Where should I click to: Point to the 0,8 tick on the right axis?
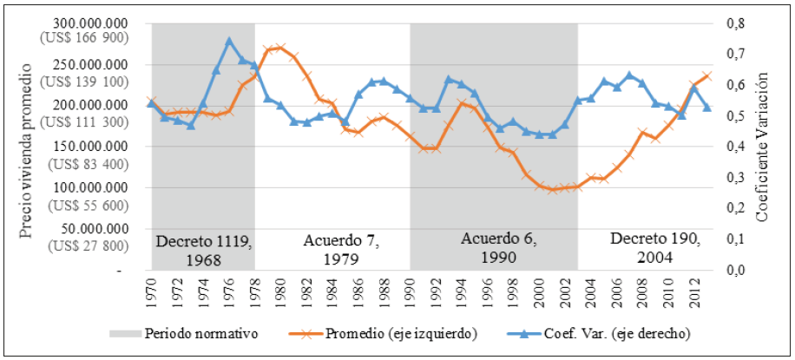[736, 23]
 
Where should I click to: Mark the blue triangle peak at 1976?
[229, 41]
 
